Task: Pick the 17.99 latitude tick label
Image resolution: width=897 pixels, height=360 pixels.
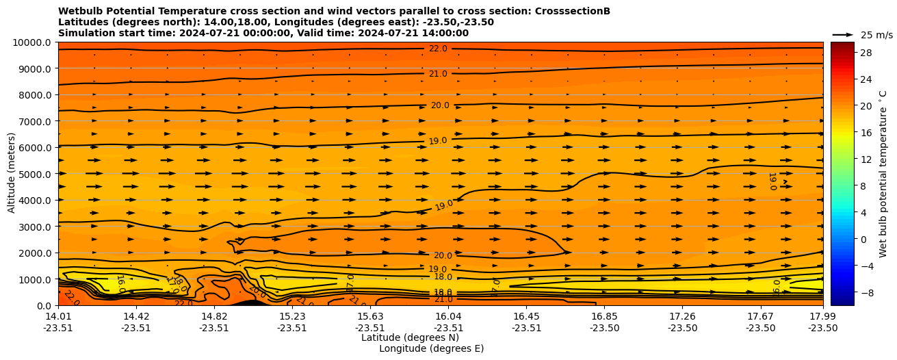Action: click(x=822, y=316)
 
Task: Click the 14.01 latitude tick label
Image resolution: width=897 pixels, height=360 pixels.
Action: click(x=58, y=316)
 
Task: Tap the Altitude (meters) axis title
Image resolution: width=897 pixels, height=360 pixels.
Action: click(x=12, y=174)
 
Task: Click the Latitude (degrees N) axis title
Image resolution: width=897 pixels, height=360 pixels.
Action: click(x=400, y=337)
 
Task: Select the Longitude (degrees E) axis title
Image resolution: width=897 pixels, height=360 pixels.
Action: click(x=431, y=348)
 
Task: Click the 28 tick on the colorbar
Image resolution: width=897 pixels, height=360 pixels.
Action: click(x=865, y=53)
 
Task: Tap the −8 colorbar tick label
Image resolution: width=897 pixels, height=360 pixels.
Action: click(x=866, y=292)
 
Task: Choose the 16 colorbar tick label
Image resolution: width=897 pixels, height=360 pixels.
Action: click(x=865, y=133)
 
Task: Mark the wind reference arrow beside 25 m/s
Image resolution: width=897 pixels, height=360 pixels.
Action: click(x=843, y=35)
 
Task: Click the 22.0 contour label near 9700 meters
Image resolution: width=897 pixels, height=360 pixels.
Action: click(x=438, y=49)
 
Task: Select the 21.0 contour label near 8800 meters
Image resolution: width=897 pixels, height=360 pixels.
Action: click(x=438, y=74)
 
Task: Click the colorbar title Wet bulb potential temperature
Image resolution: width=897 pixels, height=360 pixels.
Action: click(x=883, y=174)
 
